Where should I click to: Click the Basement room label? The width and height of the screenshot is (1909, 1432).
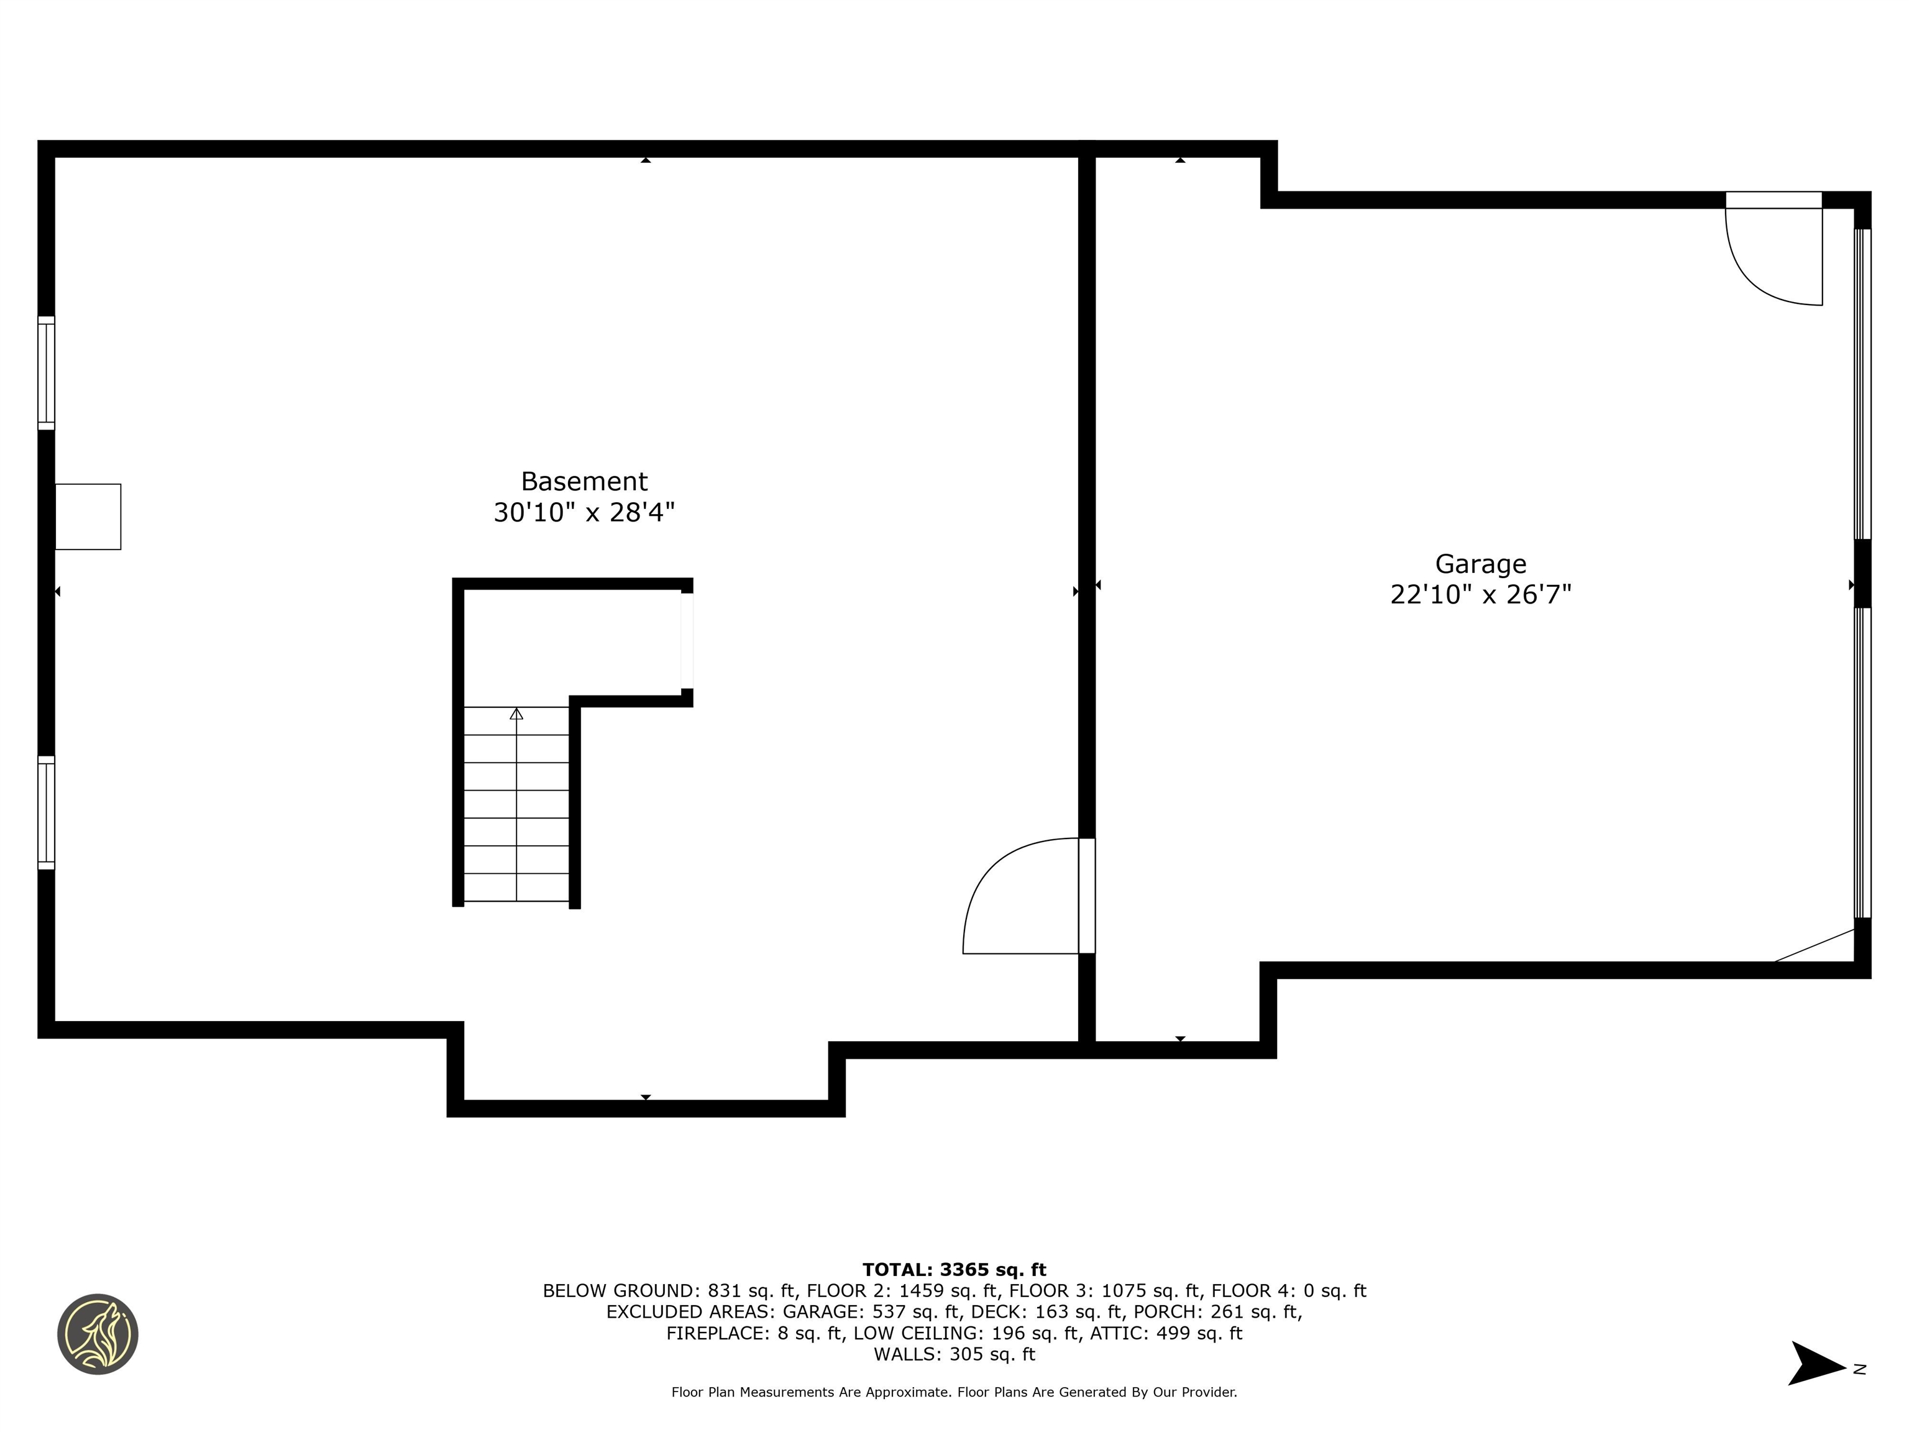(x=584, y=481)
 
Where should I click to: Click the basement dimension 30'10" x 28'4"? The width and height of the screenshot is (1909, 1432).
(x=584, y=513)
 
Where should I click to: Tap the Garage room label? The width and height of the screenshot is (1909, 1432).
(x=1480, y=564)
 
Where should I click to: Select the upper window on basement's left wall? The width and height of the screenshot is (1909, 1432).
(x=46, y=373)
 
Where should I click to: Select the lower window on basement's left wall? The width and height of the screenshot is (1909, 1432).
(x=46, y=812)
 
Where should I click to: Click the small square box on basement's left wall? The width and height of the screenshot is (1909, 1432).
(x=88, y=516)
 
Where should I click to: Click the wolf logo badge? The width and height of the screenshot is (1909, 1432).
(x=98, y=1334)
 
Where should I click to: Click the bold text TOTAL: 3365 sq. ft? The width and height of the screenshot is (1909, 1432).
(x=954, y=1270)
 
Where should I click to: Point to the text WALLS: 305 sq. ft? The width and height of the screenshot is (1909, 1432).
(x=954, y=1354)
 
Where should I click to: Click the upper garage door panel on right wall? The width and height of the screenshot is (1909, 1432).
(x=1862, y=384)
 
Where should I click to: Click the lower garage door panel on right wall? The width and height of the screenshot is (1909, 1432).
(x=1862, y=762)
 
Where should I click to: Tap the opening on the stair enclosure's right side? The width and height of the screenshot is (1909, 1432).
(x=687, y=640)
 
